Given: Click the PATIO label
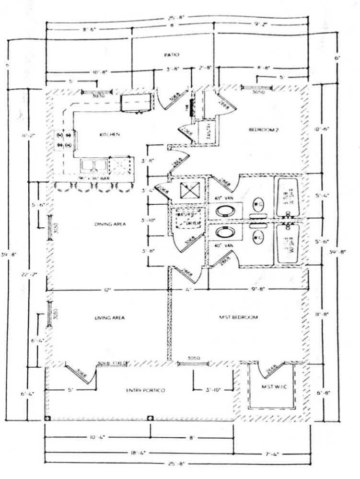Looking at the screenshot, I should click(171, 55).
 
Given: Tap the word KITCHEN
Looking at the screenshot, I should click(109, 135).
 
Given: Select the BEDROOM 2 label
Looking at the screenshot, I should click(263, 130).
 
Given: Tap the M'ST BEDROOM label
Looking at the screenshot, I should click(238, 317).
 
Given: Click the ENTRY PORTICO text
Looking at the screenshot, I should click(146, 391).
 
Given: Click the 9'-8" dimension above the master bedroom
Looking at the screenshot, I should click(257, 289).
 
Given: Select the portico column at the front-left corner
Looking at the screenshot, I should click(47, 418).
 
